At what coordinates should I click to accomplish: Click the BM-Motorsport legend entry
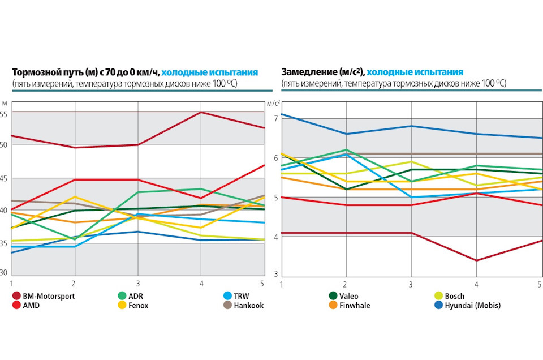(x=48, y=295)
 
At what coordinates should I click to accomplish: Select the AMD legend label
(x=32, y=305)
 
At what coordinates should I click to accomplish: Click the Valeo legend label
(x=349, y=295)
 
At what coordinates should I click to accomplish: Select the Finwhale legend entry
(x=355, y=305)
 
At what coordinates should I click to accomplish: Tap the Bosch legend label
(x=454, y=295)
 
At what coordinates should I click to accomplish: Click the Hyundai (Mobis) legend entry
(x=472, y=305)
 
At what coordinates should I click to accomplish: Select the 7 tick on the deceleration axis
(x=275, y=118)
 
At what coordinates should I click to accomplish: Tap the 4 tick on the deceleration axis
(x=275, y=237)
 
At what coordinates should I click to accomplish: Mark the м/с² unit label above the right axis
(x=273, y=103)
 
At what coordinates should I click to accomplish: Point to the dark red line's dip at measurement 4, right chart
(x=476, y=260)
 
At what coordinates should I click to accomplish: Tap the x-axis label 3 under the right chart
(x=411, y=282)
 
